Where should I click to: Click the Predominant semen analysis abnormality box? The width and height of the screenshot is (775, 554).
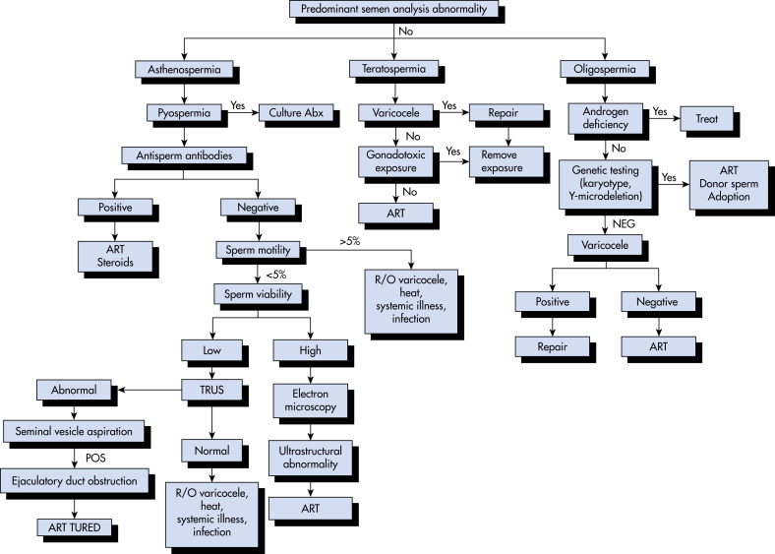coord(394,9)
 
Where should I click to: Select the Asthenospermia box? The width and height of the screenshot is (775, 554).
coord(184,69)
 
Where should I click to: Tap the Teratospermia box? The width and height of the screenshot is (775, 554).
coord(394,69)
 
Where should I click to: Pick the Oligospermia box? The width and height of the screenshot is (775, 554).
coord(605,69)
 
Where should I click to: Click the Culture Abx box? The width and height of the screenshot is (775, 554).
coord(296,113)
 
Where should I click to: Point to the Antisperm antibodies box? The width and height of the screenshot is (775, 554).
coord(184,155)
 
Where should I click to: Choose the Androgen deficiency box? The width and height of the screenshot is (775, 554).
coord(606,119)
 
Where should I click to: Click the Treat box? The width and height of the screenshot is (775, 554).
coord(707,119)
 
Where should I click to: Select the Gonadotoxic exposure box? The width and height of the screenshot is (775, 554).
coord(396,161)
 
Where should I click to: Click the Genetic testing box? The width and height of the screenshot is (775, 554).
coord(606,183)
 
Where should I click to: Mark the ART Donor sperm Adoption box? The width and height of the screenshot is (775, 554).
coord(729,183)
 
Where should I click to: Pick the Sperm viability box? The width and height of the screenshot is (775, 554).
coord(258,294)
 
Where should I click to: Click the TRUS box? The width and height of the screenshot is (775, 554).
coord(212,390)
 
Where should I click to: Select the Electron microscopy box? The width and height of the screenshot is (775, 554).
coord(311,400)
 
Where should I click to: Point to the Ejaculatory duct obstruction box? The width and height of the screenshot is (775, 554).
coord(74,481)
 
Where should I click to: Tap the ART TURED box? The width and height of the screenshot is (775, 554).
coord(74,527)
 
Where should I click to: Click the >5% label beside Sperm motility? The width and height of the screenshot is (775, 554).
coord(349,241)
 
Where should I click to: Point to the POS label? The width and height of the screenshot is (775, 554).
coord(95,458)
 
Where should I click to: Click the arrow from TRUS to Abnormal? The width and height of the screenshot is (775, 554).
coord(149,390)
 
